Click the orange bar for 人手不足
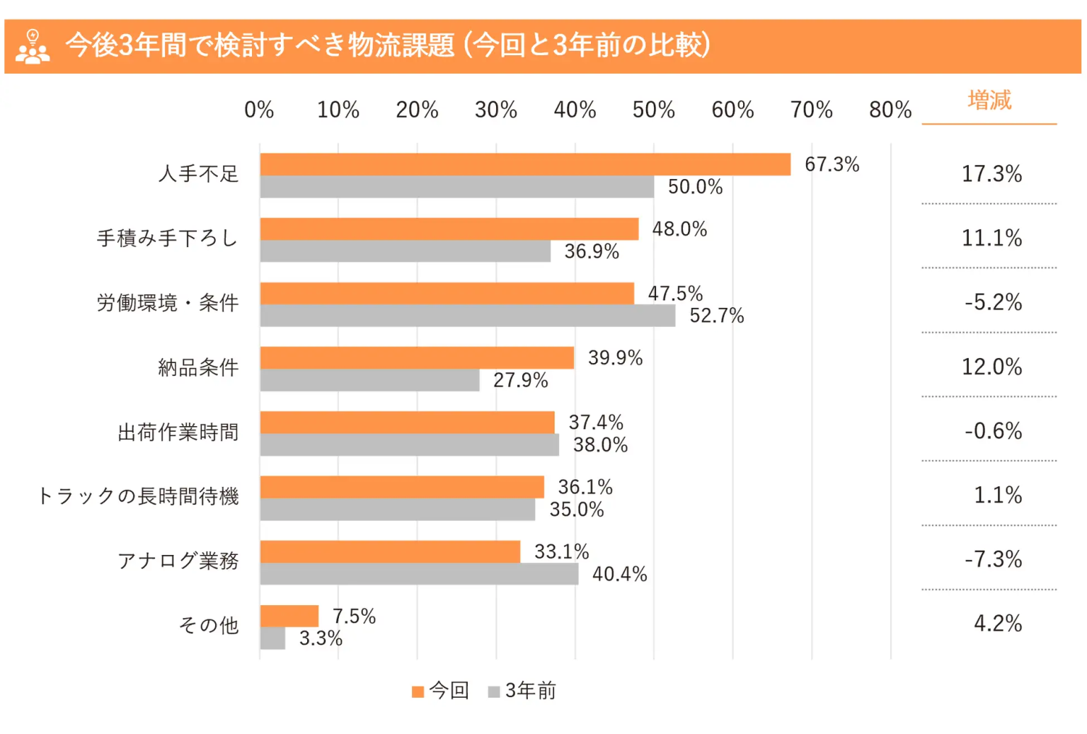pyautogui.click(x=524, y=164)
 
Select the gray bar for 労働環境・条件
pyautogui.click(x=467, y=316)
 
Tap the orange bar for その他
pyautogui.click(x=289, y=616)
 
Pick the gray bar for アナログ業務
pyautogui.click(x=419, y=574)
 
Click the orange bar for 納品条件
pyautogui.click(x=417, y=358)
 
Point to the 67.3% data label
pyautogui.click(x=832, y=164)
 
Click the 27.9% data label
pyautogui.click(x=520, y=381)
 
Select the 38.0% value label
pyautogui.click(x=600, y=445)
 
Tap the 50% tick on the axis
pyautogui.click(x=653, y=110)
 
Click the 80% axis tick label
pyautogui.click(x=890, y=110)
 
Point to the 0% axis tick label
pyautogui.click(x=259, y=110)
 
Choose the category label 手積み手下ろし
pyautogui.click(x=167, y=239)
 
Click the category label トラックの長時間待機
pyautogui.click(x=138, y=496)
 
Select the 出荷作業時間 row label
pyautogui.click(x=178, y=432)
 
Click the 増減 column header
pyautogui.click(x=989, y=101)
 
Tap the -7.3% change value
pyautogui.click(x=993, y=560)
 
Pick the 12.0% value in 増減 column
pyautogui.click(x=991, y=367)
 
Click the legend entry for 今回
pyautogui.click(x=441, y=691)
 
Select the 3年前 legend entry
pyautogui.click(x=523, y=691)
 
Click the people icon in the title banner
pyautogui.click(x=33, y=47)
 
